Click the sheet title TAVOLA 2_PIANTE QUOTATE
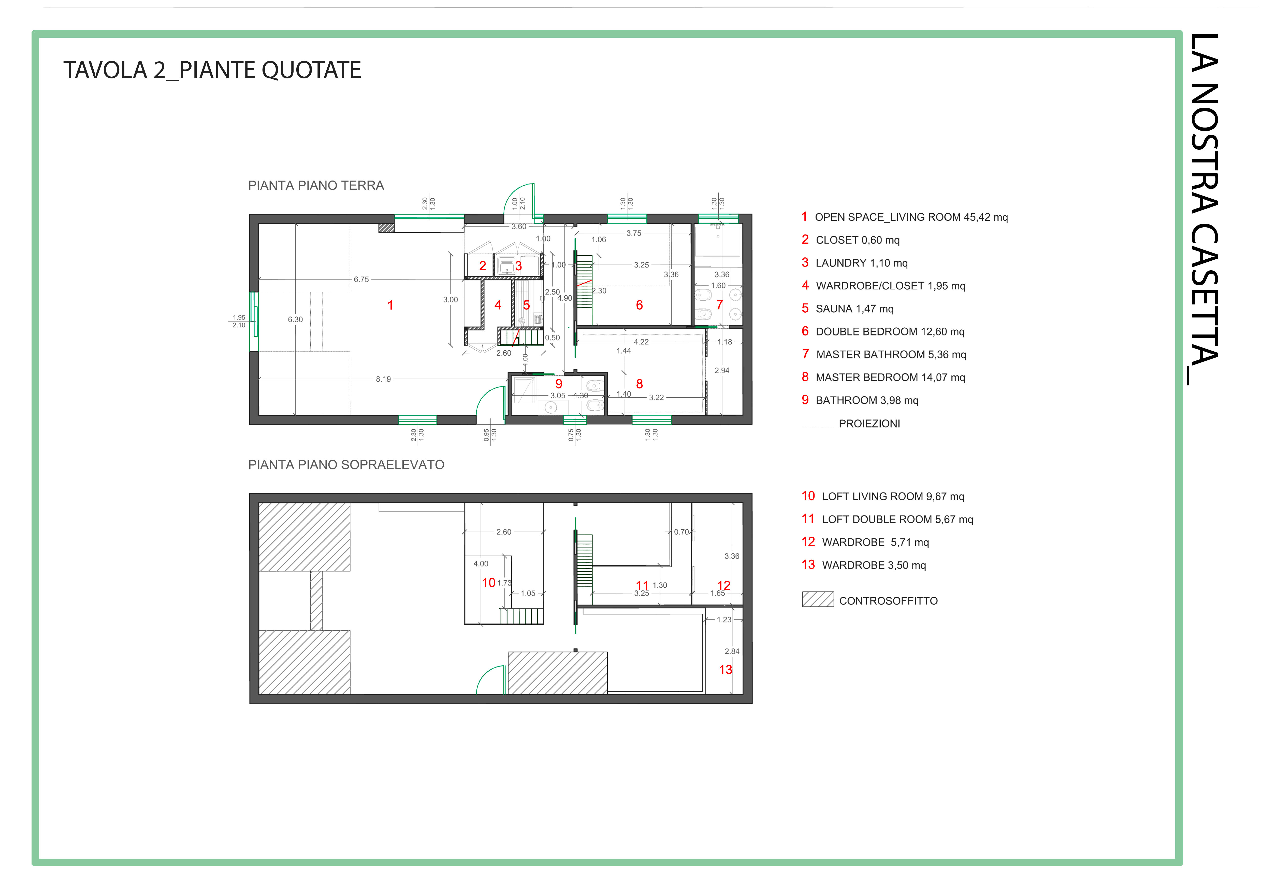pyautogui.click(x=212, y=70)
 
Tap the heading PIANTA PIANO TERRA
pyautogui.click(x=316, y=186)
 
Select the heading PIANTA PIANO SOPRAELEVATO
pyautogui.click(x=346, y=465)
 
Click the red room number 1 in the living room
pyautogui.click(x=390, y=305)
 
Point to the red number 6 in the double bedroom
pyautogui.click(x=639, y=305)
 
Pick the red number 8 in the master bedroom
pyautogui.click(x=639, y=384)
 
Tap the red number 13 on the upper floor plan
pyautogui.click(x=726, y=670)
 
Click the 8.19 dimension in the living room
pyautogui.click(x=383, y=379)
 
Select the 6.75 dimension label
pyautogui.click(x=361, y=279)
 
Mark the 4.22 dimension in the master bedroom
pyautogui.click(x=641, y=342)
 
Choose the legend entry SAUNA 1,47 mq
pyautogui.click(x=855, y=309)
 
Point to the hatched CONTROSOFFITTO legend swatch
pyautogui.click(x=818, y=599)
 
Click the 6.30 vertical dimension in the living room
pyautogui.click(x=295, y=319)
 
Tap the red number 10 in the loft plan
pyautogui.click(x=489, y=583)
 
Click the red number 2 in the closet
pyautogui.click(x=483, y=266)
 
